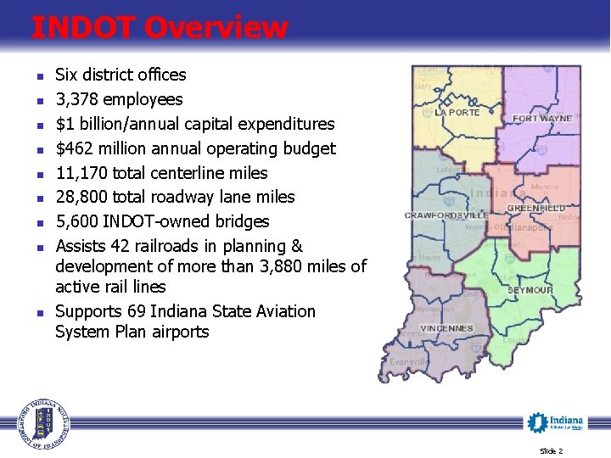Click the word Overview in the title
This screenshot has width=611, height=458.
tap(216, 28)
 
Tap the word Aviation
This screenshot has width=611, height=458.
tap(281, 311)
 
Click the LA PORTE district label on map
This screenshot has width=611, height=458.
tap(457, 113)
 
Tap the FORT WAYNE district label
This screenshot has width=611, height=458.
tap(542, 119)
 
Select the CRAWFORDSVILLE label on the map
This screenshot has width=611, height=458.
tap(446, 215)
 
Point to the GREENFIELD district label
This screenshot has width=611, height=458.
tap(536, 208)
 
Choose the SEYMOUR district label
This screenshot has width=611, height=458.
tap(530, 290)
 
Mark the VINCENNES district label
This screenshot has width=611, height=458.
tap(445, 328)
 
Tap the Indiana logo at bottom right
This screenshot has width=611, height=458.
tap(556, 422)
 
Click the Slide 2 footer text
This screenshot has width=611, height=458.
tap(551, 450)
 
